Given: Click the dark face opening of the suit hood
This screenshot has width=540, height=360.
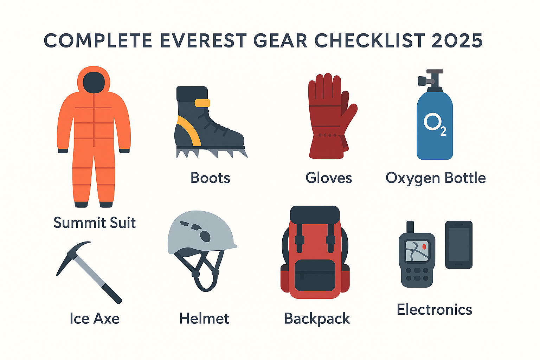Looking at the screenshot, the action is coord(94,83).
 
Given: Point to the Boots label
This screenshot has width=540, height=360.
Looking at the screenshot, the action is coord(210,178).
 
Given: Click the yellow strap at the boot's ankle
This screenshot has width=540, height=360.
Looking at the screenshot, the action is coord(202,103).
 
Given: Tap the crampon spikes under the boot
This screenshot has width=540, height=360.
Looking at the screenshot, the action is coord(212,153).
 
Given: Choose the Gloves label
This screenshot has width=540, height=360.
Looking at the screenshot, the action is coord(329,178).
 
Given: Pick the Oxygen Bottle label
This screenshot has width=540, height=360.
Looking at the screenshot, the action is coord(435,179).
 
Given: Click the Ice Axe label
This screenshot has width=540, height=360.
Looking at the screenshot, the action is coord(95,318).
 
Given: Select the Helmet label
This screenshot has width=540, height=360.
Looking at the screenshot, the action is coord(204,318).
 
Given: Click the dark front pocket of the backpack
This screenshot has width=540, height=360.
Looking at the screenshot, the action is coord(315,275).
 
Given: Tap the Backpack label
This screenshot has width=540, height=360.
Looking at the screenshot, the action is coord(317,319).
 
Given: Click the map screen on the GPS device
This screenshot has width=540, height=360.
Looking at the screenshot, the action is coord(417,251).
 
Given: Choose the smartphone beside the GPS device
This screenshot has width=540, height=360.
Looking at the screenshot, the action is coord(459,244).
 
